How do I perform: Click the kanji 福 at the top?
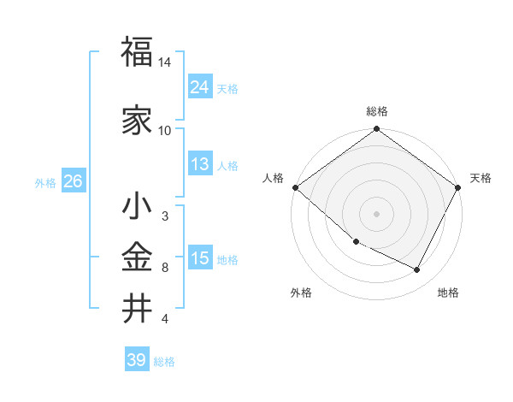[137, 53]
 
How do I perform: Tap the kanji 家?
[137, 120]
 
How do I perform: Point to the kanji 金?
[137, 257]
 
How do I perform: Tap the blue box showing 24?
[199, 86]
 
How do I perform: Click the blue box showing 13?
[199, 164]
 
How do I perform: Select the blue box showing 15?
[199, 258]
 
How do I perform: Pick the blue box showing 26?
[73, 181]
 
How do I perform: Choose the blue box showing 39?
[136, 360]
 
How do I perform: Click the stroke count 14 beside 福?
[165, 63]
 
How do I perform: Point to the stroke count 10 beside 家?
[165, 131]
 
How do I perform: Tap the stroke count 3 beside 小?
[165, 216]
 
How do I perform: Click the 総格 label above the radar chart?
[377, 111]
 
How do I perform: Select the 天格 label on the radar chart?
[481, 178]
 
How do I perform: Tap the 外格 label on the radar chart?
[301, 293]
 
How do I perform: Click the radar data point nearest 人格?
[295, 187]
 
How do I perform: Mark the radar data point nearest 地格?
[417, 270]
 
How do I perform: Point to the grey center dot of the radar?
[377, 214]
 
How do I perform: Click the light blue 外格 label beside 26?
[44, 182]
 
